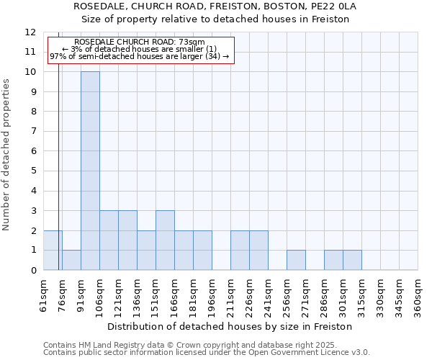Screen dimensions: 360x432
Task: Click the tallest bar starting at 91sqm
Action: pyautogui.click(x=90, y=171)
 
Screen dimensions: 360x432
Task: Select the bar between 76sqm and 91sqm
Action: pyautogui.click(x=71, y=260)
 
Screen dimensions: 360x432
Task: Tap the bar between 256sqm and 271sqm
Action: pyautogui.click(x=296, y=260)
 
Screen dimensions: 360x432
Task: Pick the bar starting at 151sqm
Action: pyautogui.click(x=165, y=240)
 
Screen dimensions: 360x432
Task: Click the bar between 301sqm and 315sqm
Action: pyautogui.click(x=352, y=260)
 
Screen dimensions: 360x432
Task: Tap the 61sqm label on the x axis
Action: pyautogui.click(x=44, y=295)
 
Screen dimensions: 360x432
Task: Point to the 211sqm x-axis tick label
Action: pyautogui.click(x=231, y=295)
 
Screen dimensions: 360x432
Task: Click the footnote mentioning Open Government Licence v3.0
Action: pyautogui.click(x=207, y=353)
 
